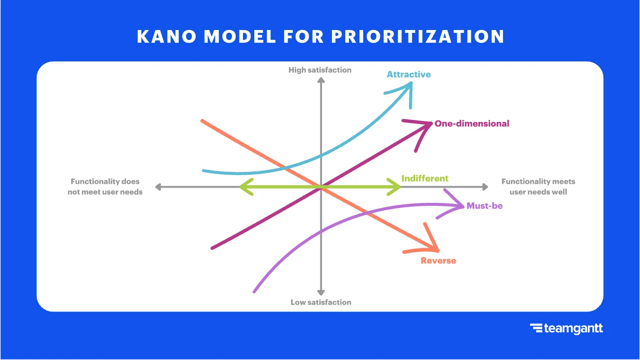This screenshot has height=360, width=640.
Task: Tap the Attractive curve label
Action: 409,74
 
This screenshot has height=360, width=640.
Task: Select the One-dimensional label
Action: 471,123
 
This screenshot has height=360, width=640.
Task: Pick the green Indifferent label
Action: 425,179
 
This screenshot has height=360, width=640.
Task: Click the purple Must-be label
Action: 484,206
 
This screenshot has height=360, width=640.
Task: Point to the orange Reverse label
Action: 438,260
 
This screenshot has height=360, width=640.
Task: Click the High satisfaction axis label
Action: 320,70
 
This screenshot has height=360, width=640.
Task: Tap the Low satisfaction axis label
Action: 320,302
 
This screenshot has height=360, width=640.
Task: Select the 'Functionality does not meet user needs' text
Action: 105,187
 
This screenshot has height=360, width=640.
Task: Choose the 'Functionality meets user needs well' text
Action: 538,187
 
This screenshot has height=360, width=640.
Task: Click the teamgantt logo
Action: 566,328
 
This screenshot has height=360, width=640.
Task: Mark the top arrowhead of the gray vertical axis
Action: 320,81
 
